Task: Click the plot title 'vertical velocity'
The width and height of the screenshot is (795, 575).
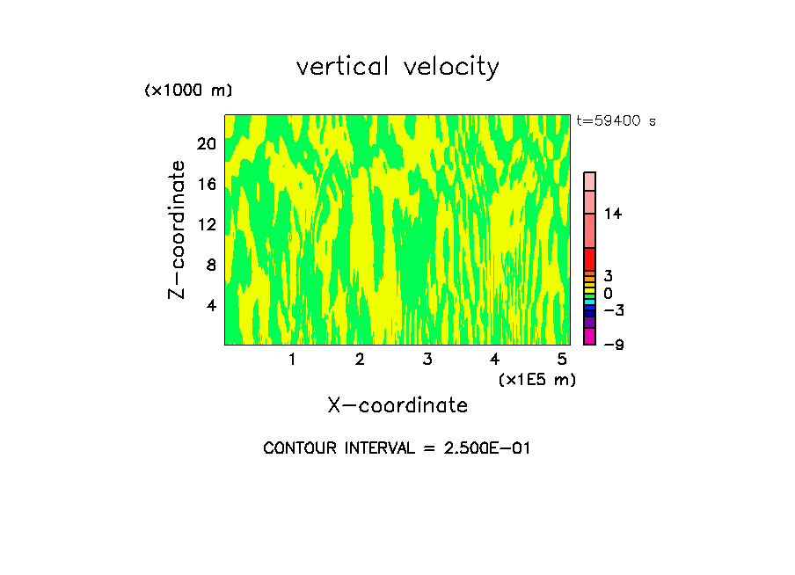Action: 397,67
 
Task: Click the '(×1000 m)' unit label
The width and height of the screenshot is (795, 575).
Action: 188,91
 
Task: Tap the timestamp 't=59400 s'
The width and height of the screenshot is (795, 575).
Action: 616,121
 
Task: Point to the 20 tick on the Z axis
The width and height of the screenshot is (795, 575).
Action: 207,144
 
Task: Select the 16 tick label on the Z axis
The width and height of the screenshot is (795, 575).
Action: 207,185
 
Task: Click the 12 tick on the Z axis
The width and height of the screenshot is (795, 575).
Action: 207,225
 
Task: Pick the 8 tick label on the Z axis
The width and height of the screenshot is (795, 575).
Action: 211,266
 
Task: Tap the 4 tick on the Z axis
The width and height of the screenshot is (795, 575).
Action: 211,306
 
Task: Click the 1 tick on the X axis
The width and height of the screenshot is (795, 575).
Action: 292,360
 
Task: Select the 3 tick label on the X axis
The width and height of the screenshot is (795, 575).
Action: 427,360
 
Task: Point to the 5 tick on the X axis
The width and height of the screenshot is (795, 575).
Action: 562,360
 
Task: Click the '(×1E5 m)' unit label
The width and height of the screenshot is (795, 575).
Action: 536,380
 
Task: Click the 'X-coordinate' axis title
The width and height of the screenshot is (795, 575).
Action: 397,405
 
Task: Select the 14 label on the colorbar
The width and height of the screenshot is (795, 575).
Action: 613,214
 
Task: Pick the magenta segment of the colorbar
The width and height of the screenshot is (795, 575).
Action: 589,337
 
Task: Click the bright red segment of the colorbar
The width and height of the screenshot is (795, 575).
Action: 589,258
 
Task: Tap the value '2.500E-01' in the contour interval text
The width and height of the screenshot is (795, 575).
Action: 480,448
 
